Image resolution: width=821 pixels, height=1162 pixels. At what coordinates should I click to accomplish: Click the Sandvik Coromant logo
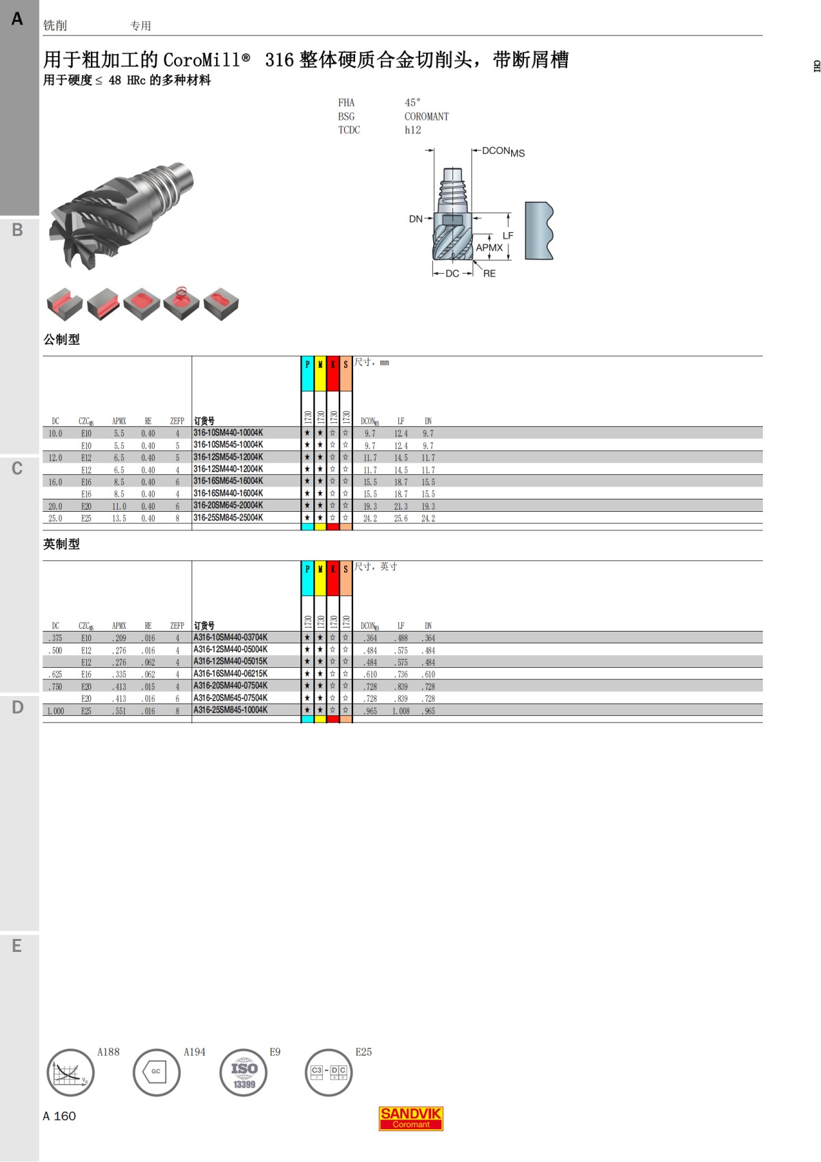click(x=410, y=1118)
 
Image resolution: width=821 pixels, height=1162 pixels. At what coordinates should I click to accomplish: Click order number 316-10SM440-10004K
click(x=228, y=433)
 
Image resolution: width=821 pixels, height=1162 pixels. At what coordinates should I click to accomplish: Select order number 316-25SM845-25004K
click(x=228, y=518)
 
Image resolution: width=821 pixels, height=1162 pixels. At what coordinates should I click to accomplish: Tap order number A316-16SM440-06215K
click(x=230, y=674)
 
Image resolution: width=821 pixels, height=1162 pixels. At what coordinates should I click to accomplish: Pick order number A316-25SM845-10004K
click(x=230, y=710)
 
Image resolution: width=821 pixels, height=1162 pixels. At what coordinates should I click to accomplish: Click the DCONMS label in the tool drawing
click(x=503, y=152)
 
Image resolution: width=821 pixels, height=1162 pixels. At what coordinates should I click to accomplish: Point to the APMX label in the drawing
click(x=489, y=248)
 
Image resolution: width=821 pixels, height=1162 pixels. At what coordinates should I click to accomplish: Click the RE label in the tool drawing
click(x=489, y=274)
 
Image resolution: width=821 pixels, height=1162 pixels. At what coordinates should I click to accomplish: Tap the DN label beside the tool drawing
click(x=415, y=219)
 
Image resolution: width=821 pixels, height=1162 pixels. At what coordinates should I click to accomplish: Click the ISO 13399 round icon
click(x=244, y=1072)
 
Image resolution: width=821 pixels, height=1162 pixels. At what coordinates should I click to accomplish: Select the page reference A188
click(x=108, y=1052)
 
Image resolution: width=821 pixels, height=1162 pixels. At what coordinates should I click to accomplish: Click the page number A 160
click(x=60, y=1116)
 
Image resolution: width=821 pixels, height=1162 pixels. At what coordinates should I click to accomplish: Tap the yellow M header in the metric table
click(x=320, y=365)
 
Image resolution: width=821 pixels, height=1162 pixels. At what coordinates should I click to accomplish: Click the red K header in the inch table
click(x=333, y=569)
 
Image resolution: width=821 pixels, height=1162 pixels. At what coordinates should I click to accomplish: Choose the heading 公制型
click(x=62, y=339)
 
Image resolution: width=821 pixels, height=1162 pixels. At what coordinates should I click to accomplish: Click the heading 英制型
click(x=62, y=544)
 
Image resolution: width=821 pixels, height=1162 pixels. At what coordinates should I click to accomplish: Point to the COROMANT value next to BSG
click(x=426, y=116)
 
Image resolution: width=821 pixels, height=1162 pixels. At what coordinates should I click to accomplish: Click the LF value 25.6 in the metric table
click(x=400, y=519)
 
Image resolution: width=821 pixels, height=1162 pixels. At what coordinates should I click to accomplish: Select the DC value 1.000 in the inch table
click(x=55, y=712)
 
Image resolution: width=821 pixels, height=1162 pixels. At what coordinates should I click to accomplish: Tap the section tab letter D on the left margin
click(x=18, y=707)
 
